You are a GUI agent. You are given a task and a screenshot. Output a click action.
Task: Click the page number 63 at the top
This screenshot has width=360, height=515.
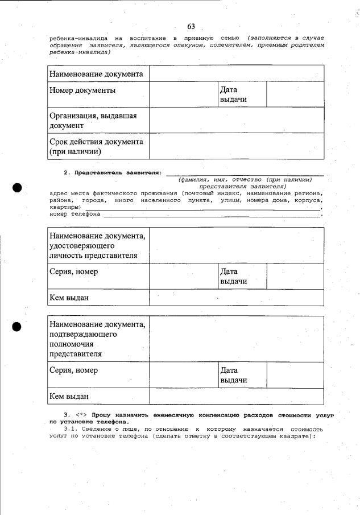[x=191, y=27]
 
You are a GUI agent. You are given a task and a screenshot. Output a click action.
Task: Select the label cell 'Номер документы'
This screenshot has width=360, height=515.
[x=83, y=90]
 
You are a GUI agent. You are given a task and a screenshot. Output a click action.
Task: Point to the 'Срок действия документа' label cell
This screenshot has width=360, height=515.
[x=96, y=146]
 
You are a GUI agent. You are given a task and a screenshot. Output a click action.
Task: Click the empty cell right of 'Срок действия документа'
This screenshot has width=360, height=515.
[x=237, y=146]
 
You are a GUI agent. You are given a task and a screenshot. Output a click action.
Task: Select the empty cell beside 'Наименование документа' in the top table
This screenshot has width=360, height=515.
[x=237, y=74]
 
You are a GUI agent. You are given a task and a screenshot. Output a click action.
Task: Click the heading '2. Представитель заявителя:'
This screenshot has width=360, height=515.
[x=113, y=172]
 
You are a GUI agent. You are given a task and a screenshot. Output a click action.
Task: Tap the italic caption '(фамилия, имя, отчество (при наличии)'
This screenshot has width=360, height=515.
[x=245, y=179]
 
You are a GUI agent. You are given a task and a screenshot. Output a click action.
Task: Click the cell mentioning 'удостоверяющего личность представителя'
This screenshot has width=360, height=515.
[x=97, y=245]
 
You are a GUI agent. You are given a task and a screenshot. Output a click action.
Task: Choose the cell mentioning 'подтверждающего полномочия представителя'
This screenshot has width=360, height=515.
[x=97, y=339]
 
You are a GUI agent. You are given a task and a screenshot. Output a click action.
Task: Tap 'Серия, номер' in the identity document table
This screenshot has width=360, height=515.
[x=74, y=272]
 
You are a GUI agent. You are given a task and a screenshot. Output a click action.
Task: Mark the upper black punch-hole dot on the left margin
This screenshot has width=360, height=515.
[x=18, y=188]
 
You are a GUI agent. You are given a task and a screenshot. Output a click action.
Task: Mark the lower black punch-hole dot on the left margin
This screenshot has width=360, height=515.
[x=18, y=327]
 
